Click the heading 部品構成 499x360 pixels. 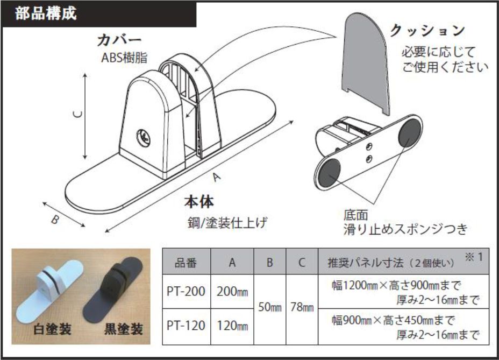coord(46,13)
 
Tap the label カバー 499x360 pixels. coord(119,40)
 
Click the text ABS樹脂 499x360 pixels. coord(124,58)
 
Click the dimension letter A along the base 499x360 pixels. coord(217,177)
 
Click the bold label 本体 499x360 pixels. coord(199,202)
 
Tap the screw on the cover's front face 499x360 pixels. coord(143,138)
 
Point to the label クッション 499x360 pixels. coord(427,31)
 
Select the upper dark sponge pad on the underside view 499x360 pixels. coord(409,133)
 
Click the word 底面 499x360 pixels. coord(355,215)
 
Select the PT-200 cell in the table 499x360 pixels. coord(186,291)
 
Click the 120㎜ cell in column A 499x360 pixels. coord(232,326)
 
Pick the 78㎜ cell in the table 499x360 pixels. coord(302,307)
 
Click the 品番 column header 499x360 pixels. coord(186,263)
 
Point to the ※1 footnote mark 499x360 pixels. coord(474,257)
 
